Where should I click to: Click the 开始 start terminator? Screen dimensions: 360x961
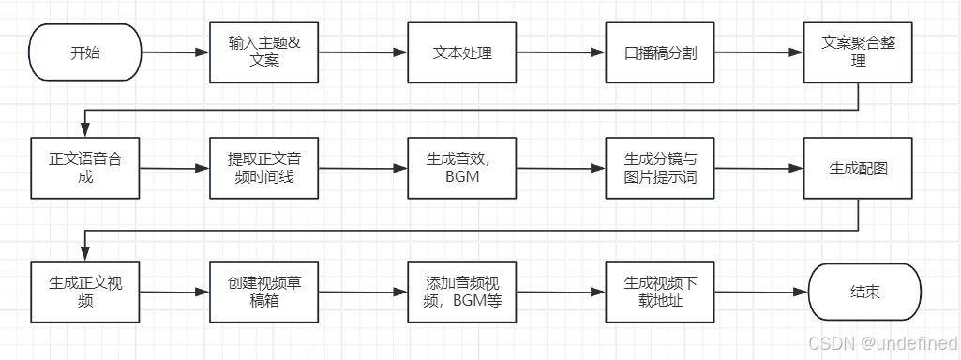85,52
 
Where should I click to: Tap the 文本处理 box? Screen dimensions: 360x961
461,52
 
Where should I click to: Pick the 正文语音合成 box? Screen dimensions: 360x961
85,168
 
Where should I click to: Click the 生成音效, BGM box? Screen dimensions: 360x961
461,168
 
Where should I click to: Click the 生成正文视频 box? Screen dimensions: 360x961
85,290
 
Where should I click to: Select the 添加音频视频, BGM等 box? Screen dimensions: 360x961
461,290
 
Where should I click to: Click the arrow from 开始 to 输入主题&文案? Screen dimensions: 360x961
175,53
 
